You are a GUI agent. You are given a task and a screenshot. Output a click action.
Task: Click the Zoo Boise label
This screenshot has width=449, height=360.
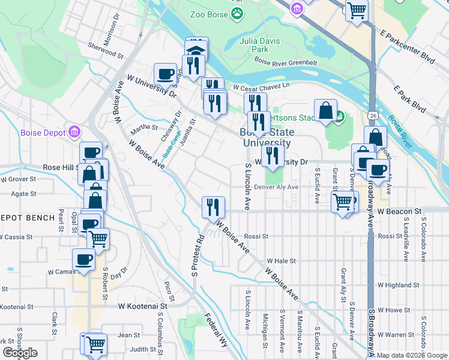[x=209, y=14]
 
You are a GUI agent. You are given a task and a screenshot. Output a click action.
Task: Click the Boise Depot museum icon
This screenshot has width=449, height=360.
[x=74, y=131]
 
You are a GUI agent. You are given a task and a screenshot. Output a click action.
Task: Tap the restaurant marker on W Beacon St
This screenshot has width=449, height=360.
[x=213, y=207]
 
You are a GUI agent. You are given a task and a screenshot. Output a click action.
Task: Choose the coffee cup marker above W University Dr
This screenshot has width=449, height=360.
[x=165, y=74]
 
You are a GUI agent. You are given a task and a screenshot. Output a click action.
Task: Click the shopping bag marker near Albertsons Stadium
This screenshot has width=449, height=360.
[x=325, y=110]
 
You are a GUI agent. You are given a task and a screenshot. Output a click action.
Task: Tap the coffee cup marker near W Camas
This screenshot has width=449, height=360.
[x=83, y=260]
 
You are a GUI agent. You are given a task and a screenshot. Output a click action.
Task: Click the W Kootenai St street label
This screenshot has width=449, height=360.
[x=142, y=306]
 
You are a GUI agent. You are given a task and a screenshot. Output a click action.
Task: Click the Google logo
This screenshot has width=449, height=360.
[x=20, y=353]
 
